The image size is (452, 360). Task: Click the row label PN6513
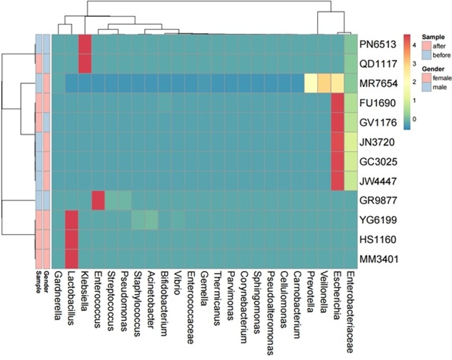(378, 44)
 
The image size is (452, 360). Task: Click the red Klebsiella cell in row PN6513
(85, 44)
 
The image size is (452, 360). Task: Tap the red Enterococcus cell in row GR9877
(98, 201)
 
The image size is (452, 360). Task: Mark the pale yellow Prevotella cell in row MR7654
(310, 83)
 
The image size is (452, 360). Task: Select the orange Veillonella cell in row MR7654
(324, 83)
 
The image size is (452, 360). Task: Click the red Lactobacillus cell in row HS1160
(72, 240)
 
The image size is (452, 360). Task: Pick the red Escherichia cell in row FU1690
(337, 103)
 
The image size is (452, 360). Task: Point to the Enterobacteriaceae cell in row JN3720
(350, 142)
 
